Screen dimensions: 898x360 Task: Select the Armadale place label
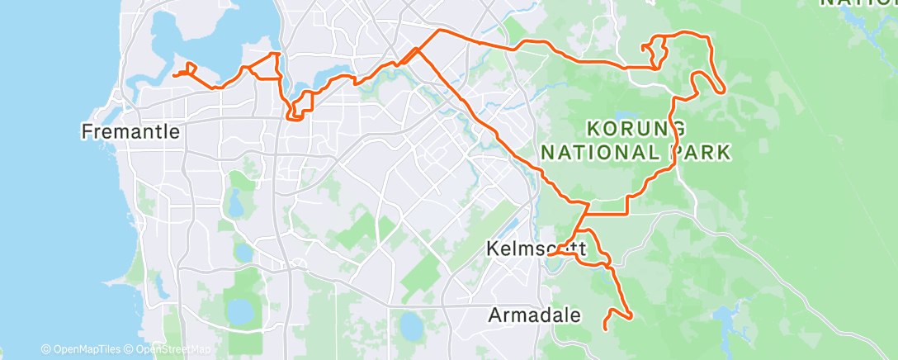[x=534, y=315]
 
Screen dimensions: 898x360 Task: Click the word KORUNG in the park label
[x=636, y=129]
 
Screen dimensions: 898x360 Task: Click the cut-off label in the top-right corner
[x=858, y=3]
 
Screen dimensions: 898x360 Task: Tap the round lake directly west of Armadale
[x=410, y=325]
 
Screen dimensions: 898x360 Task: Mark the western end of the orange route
[x=173, y=76]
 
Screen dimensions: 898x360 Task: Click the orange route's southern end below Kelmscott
[x=607, y=329]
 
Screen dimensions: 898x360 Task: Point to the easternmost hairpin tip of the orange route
[x=725, y=91]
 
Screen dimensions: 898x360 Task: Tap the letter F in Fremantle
[x=87, y=130]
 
